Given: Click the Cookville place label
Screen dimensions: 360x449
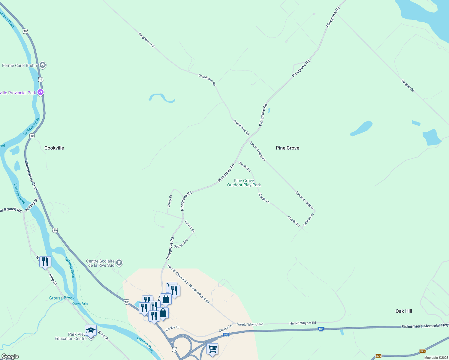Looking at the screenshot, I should [x=54, y=148].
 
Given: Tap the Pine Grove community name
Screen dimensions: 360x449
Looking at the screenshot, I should [x=287, y=148].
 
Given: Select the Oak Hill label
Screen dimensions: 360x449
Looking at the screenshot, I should [x=403, y=311].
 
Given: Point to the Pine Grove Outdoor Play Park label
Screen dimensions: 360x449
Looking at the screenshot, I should [x=244, y=183].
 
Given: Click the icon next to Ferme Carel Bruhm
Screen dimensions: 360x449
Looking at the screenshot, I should [x=43, y=65].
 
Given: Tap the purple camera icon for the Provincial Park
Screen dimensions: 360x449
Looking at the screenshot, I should [x=41, y=92].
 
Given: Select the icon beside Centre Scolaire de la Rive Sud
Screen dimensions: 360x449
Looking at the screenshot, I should [x=119, y=263].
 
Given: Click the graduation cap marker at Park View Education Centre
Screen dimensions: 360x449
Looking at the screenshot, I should [x=91, y=331].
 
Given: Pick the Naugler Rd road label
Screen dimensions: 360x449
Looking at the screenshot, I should [x=408, y=85].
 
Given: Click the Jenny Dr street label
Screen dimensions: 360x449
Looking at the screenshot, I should [x=170, y=201].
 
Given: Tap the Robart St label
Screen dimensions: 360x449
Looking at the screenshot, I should [x=189, y=226].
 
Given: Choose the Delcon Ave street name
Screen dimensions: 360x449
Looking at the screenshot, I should [x=181, y=243].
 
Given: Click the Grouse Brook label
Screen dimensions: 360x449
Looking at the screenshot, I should [x=62, y=298].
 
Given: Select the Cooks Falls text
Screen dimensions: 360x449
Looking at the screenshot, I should [x=80, y=304].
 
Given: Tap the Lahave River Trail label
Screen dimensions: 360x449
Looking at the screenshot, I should [x=31, y=175].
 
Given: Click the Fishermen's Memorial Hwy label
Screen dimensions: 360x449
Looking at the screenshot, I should [x=425, y=325].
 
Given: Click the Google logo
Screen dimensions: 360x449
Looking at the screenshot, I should [x=10, y=356].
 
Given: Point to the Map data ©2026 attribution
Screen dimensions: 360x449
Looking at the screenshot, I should [x=435, y=358].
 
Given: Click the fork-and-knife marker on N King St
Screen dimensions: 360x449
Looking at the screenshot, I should [x=45, y=262].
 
